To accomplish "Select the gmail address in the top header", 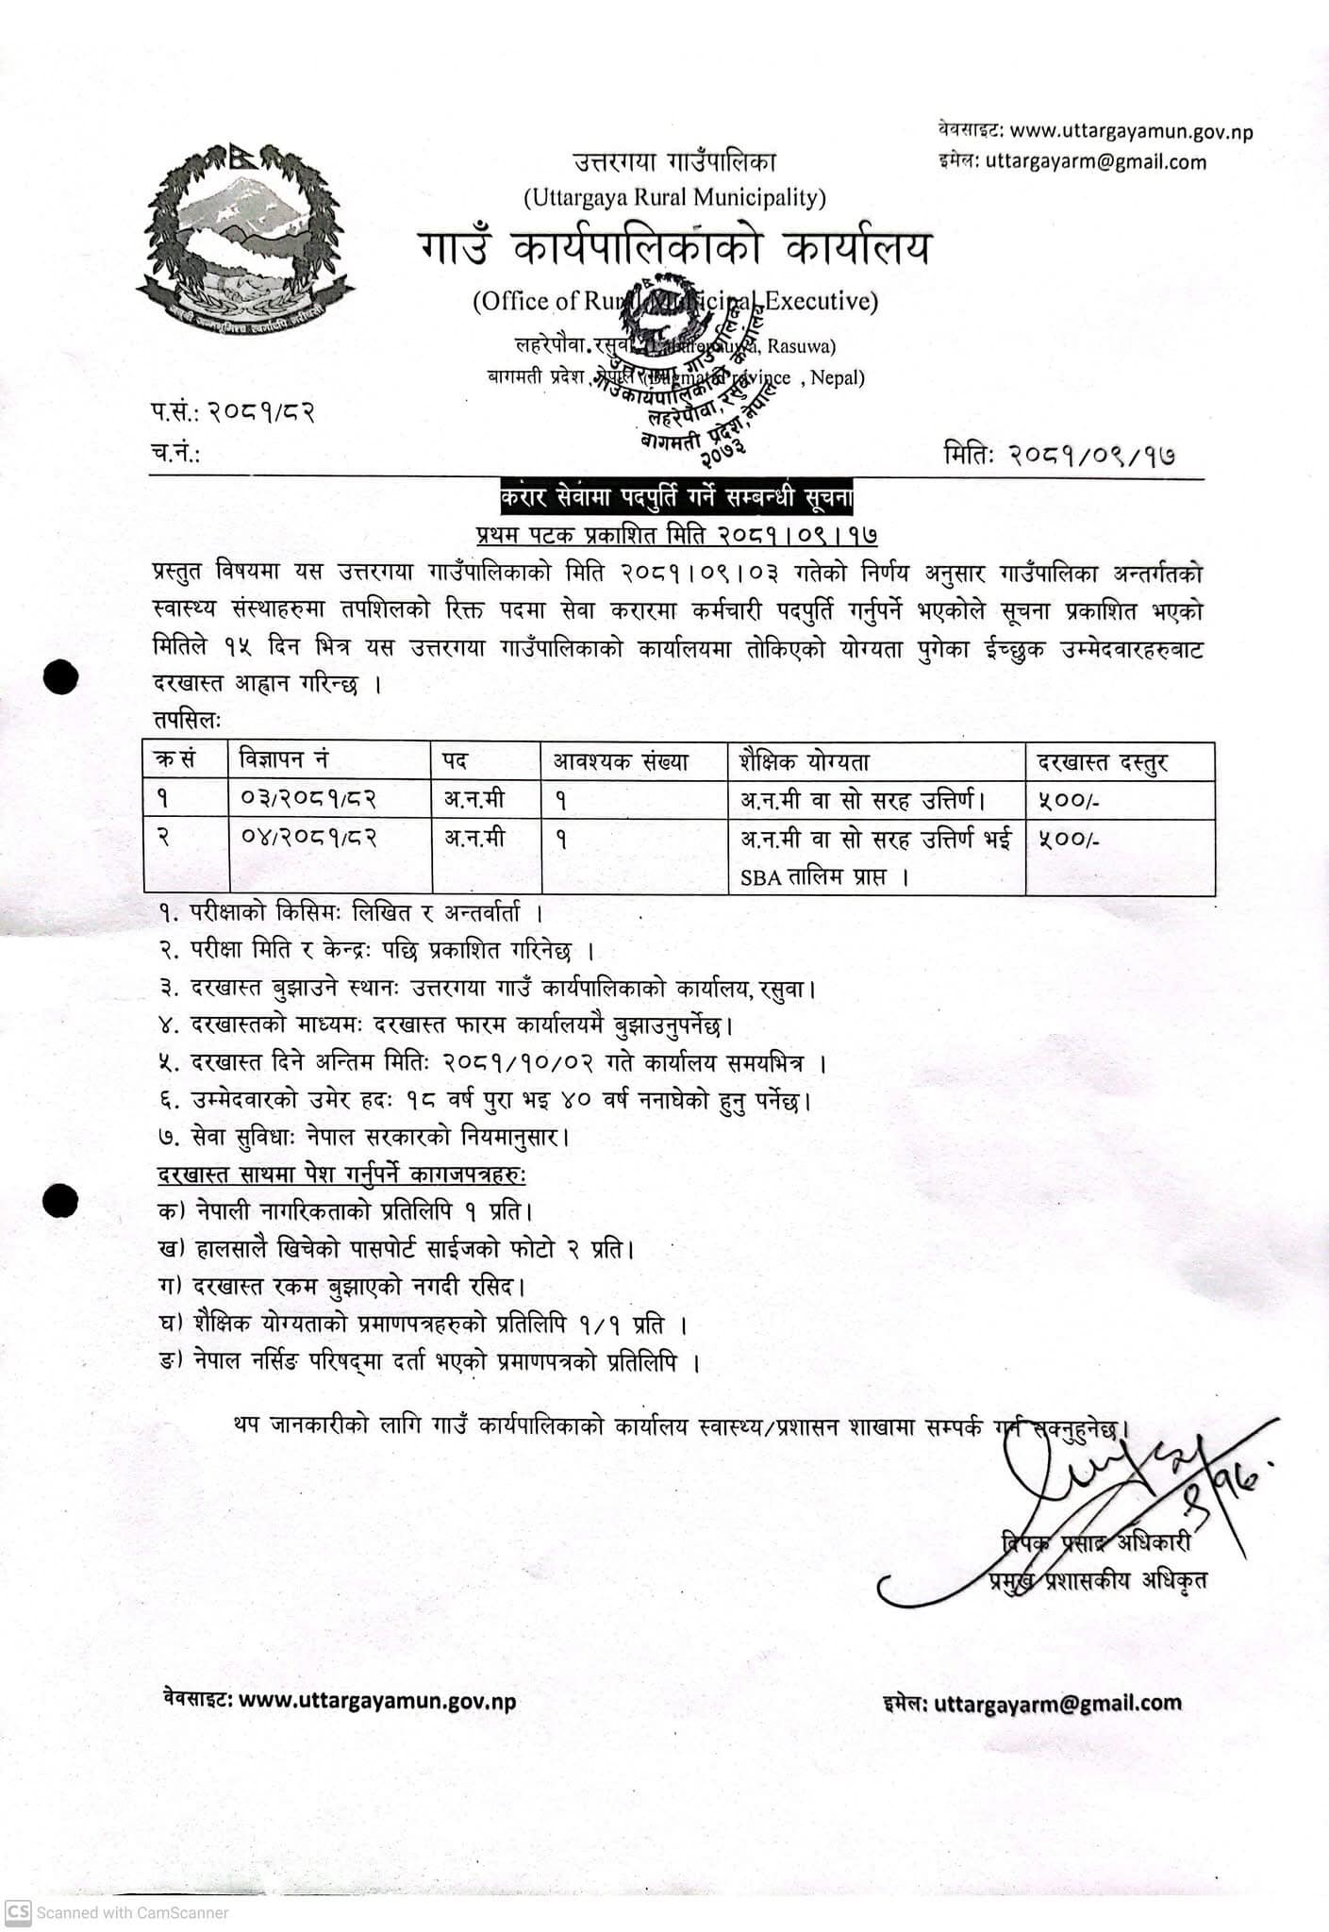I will (1096, 161).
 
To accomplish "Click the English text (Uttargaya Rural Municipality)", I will (674, 197).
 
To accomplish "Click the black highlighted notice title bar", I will (676, 496).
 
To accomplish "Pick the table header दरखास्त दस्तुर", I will (1103, 762).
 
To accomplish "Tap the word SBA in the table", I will (761, 877).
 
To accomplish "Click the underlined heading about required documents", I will (342, 1175).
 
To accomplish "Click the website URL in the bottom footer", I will (377, 1702).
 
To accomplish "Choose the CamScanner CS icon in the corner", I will (18, 1912).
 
